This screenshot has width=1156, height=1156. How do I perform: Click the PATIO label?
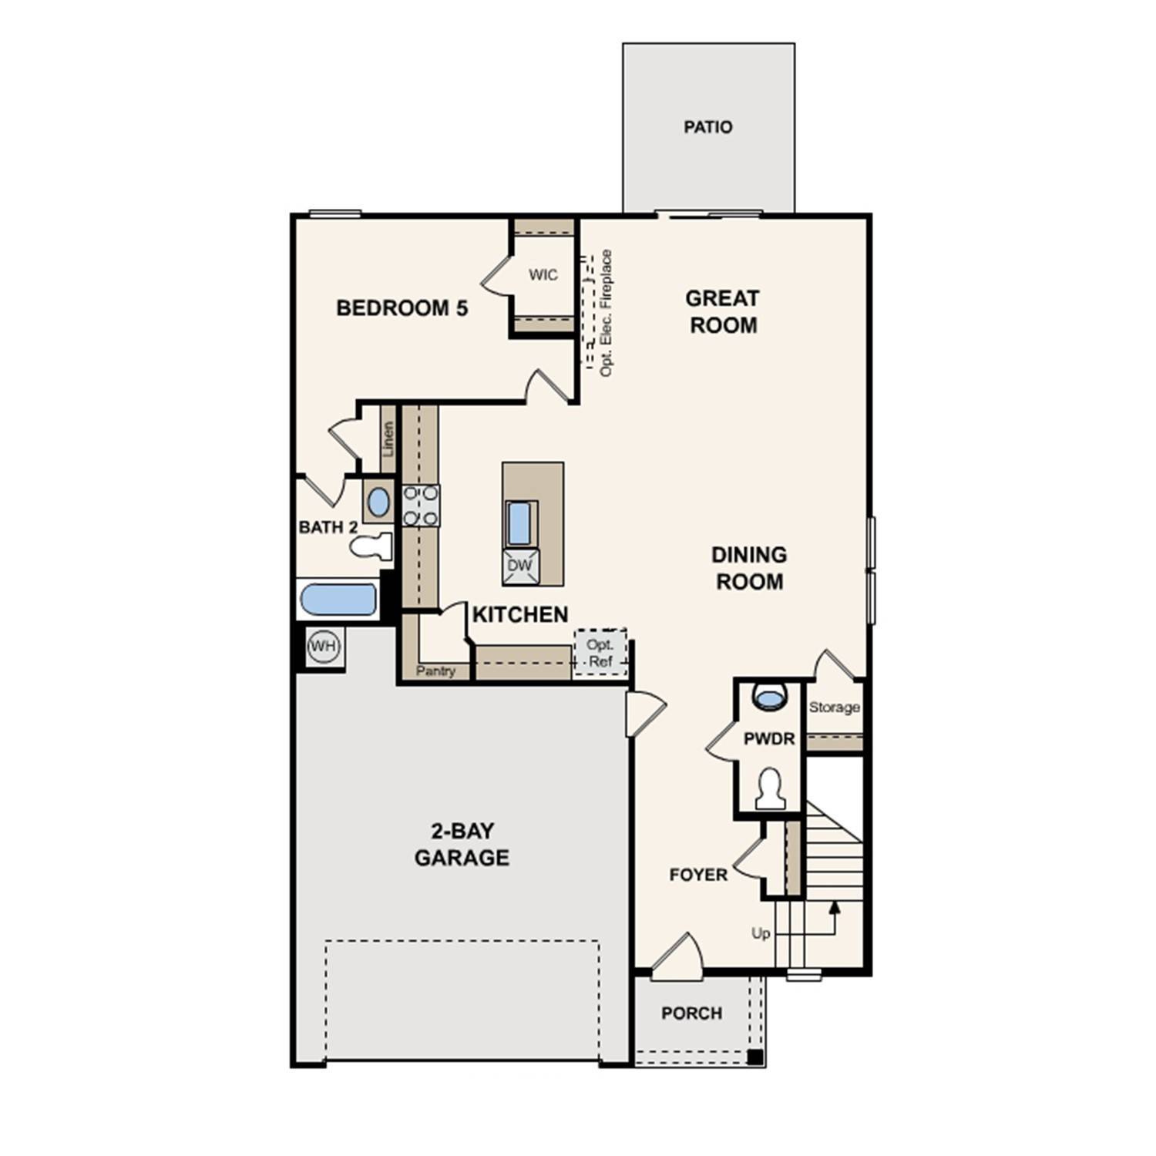coord(707,127)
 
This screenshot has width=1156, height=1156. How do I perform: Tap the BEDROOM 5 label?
coord(402,308)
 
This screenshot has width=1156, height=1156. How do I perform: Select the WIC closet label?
coord(543,275)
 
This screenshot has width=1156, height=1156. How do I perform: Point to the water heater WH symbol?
coord(322,646)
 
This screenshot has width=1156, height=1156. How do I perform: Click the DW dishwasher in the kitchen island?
coord(520,566)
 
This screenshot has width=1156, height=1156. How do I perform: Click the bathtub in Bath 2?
coord(338,600)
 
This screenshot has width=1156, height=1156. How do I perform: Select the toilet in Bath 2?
coord(371,546)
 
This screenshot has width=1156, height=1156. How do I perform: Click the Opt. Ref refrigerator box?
coord(600,654)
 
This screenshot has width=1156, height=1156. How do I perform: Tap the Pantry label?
coord(435,671)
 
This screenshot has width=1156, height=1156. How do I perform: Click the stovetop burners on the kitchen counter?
coord(421,506)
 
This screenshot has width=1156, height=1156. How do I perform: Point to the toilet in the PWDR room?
coord(770,789)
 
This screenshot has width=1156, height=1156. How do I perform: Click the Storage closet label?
coord(834,707)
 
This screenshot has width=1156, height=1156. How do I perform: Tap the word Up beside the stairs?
coord(761,933)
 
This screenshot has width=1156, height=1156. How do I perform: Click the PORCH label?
coord(691,1013)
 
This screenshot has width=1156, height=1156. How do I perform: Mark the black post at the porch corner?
coord(755,1057)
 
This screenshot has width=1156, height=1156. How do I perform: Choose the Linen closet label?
coord(388,439)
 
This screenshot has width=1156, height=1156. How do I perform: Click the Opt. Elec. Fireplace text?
coord(607,313)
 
